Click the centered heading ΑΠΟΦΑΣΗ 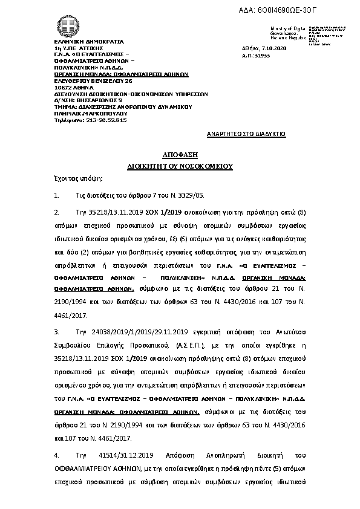(180, 155)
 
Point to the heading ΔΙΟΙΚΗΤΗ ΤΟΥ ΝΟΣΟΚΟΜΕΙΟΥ (180, 165)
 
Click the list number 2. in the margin (57, 213)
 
